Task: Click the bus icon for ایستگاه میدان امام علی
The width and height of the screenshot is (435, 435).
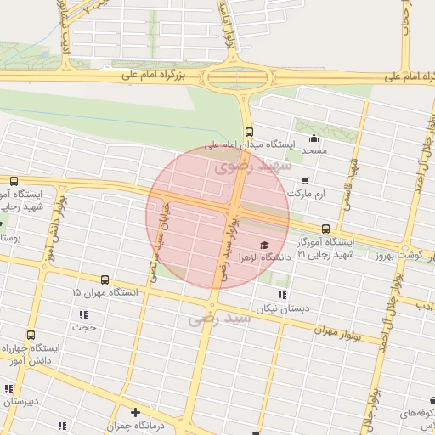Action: point(249,132)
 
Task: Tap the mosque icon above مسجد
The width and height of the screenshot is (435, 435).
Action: point(315,138)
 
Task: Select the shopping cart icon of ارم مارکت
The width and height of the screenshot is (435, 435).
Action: point(305,181)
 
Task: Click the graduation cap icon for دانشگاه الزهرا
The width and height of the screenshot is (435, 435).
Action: point(264,244)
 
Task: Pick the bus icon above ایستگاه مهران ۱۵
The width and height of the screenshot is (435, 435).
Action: point(105,280)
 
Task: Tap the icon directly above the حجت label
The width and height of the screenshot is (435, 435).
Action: point(83,314)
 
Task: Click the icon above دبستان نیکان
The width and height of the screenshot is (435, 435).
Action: point(281,296)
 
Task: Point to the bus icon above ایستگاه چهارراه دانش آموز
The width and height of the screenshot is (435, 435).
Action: point(31,336)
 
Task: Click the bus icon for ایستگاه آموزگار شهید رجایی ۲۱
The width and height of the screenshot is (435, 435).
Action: point(326,229)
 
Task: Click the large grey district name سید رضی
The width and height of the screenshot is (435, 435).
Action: point(220,319)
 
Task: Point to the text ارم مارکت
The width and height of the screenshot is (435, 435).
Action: point(307,195)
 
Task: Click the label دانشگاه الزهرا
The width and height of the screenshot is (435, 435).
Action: point(264,256)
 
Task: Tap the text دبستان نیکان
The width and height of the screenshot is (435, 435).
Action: point(281,309)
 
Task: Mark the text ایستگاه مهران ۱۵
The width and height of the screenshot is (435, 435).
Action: point(105,292)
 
